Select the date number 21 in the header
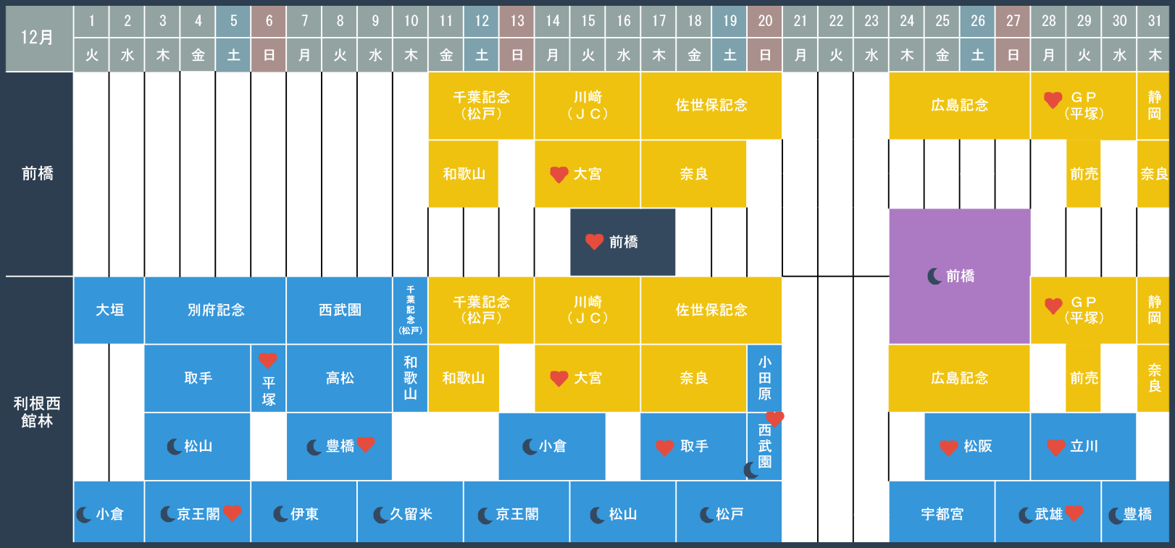(x=800, y=21)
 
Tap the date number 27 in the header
(x=1013, y=21)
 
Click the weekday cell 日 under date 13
(x=517, y=54)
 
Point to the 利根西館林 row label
(x=37, y=412)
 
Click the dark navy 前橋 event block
(x=623, y=242)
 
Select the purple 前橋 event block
(x=959, y=276)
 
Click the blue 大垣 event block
(x=109, y=310)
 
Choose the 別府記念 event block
(x=216, y=310)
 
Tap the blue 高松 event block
(x=339, y=378)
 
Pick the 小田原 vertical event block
(x=765, y=378)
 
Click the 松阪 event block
(x=977, y=446)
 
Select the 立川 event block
(x=1083, y=446)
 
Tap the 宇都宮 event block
(x=942, y=514)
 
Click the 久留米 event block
(x=410, y=514)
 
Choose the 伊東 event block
(x=304, y=514)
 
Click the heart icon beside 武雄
(x=1074, y=513)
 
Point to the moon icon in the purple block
(x=934, y=276)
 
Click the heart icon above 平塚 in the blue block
(x=267, y=361)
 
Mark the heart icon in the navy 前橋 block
(x=594, y=242)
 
